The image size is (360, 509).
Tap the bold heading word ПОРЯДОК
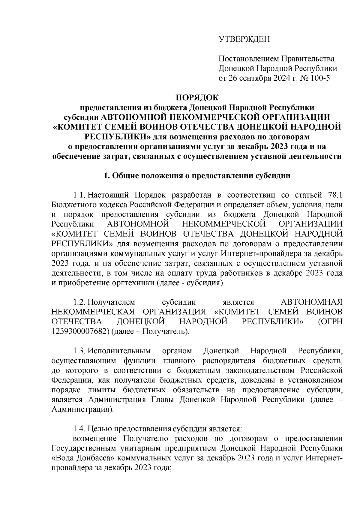coord(197,98)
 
